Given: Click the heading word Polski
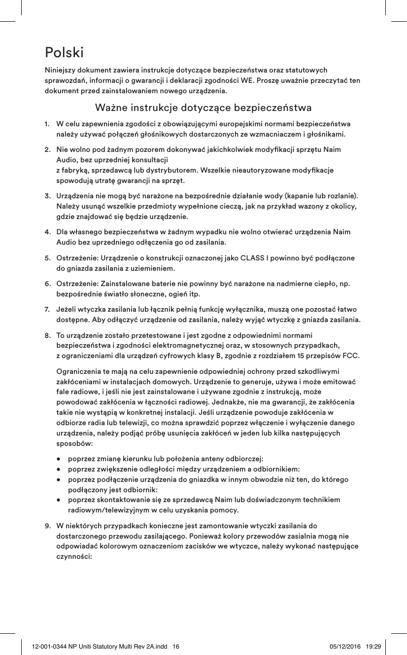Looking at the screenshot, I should (64, 52).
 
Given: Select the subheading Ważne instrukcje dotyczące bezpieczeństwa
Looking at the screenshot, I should (203, 107).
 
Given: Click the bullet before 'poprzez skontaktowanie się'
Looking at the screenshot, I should (59, 500).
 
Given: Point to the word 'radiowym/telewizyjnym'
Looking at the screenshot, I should (106, 510).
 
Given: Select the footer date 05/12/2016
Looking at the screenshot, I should (345, 646).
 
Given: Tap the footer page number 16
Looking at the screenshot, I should (176, 646).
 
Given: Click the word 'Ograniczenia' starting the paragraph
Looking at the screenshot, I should (79, 371).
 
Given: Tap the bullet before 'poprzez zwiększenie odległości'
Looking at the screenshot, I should (59, 469).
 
